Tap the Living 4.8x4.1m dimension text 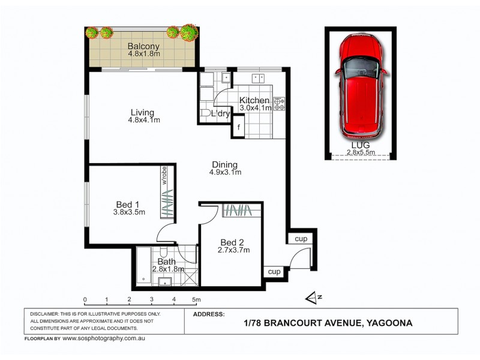coord(144,120)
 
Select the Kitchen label coord(254,100)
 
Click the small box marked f coord(239,127)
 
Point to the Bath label coord(166,261)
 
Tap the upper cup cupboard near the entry coord(301,239)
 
